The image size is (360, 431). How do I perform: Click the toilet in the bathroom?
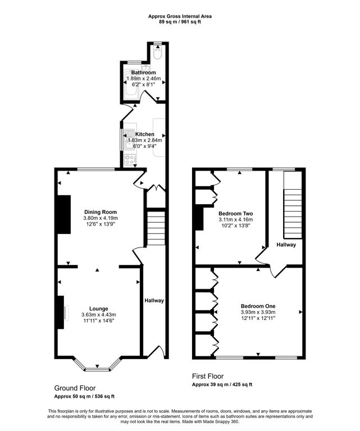pyautogui.click(x=158, y=53)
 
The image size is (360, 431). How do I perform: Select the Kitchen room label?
pyautogui.click(x=145, y=134)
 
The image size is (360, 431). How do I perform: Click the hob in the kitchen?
pyautogui.click(x=130, y=160)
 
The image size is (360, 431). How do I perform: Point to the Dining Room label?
pyautogui.click(x=101, y=212)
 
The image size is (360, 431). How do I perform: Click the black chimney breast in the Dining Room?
pyautogui.click(x=64, y=214)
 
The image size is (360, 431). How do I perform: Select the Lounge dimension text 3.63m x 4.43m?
pyautogui.click(x=98, y=314)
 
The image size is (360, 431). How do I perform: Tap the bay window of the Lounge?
pyautogui.click(x=97, y=365)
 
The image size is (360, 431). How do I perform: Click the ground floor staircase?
pyautogui.click(x=156, y=228)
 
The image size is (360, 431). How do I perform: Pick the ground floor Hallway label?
pyautogui.click(x=154, y=300)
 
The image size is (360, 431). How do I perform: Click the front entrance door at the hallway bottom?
pyautogui.click(x=156, y=352)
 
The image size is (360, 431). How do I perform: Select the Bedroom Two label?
pyautogui.click(x=236, y=214)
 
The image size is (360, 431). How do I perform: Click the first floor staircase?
pyautogui.click(x=293, y=205)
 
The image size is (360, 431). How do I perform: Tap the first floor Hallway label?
pyautogui.click(x=286, y=245)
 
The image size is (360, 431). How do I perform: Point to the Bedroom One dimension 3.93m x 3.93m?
pyautogui.click(x=258, y=312)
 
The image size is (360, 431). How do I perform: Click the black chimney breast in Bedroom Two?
pyautogui.click(x=199, y=219)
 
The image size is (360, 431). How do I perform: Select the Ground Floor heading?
pyautogui.click(x=75, y=388)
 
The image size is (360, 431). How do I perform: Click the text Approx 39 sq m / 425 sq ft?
pyautogui.click(x=222, y=384)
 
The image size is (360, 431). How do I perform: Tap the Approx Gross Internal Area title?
pyautogui.click(x=180, y=16)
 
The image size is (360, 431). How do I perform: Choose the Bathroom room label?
pyautogui.click(x=143, y=72)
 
